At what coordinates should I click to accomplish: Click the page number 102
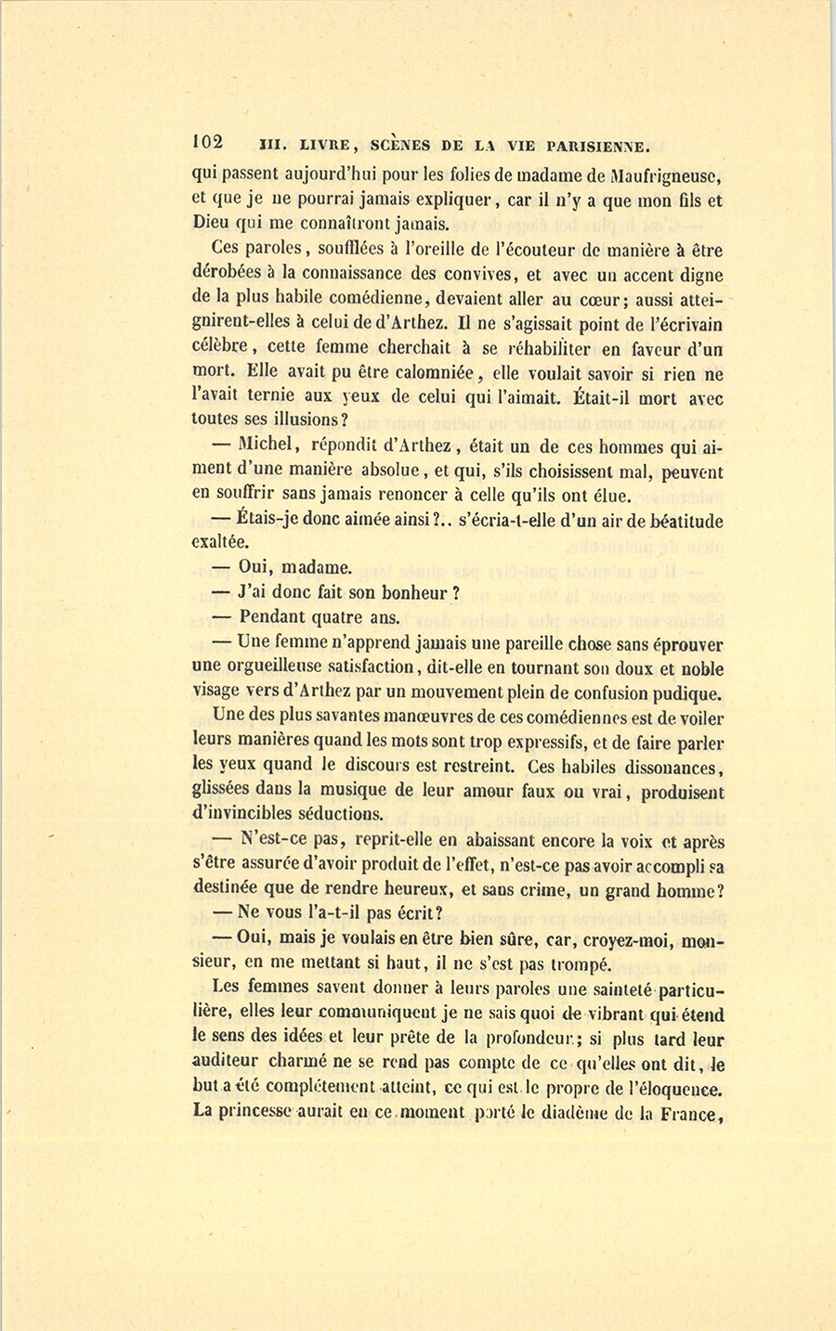207,142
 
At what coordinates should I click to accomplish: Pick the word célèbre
218,347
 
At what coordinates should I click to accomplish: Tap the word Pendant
273,617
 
